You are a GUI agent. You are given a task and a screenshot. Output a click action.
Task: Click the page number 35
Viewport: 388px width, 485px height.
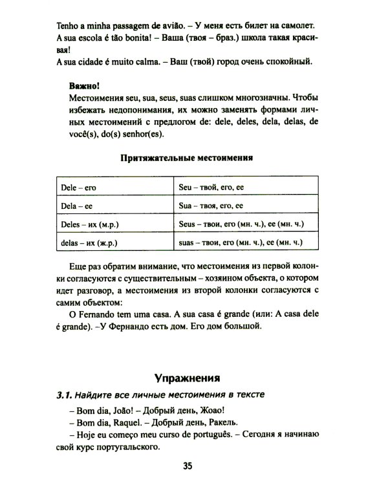click(188, 466)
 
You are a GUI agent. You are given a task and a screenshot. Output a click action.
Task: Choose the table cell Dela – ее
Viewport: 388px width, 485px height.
click(76, 206)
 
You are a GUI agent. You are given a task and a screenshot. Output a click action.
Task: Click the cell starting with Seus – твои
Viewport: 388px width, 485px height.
click(241, 225)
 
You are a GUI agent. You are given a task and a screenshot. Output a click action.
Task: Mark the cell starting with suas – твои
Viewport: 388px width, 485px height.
click(240, 244)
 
